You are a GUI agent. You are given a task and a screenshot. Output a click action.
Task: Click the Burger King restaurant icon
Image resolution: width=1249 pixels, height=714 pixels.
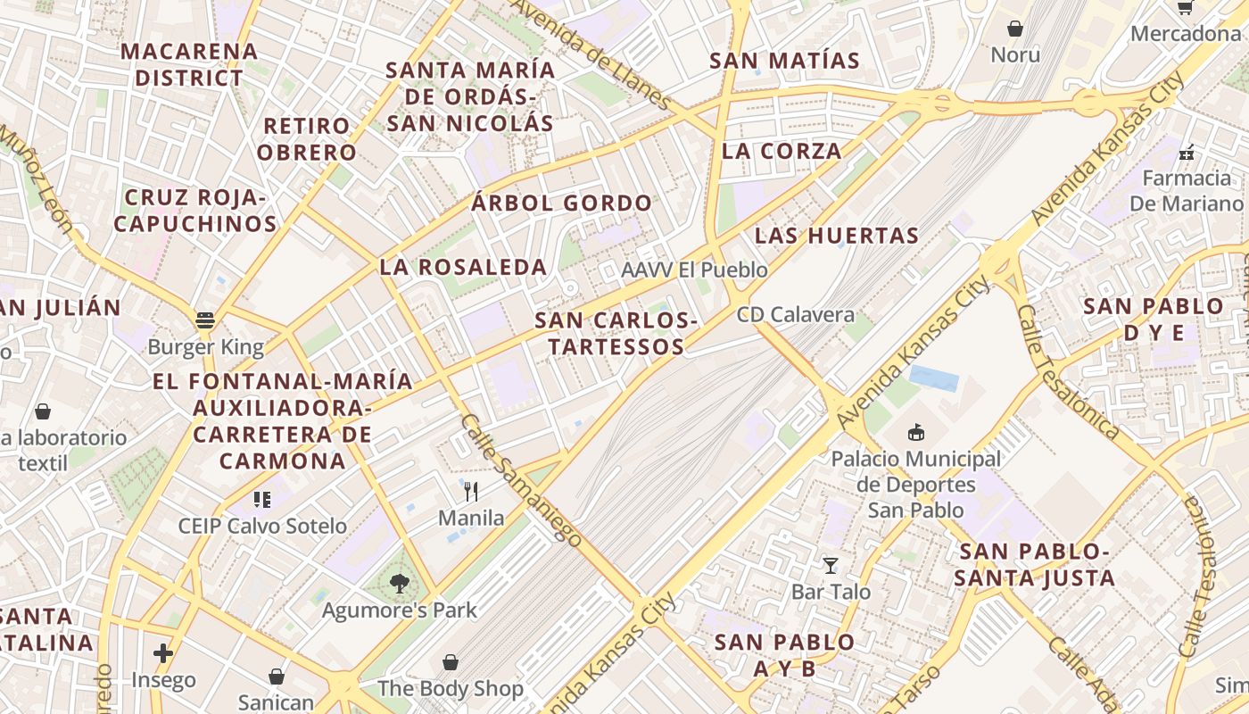(205, 320)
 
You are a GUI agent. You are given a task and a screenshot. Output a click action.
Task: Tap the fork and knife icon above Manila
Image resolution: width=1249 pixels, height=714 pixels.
(471, 491)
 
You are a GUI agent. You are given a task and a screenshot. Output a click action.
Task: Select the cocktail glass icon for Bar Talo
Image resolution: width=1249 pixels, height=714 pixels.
(831, 565)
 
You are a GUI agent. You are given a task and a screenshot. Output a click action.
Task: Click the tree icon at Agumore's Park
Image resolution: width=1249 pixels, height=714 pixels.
(399, 584)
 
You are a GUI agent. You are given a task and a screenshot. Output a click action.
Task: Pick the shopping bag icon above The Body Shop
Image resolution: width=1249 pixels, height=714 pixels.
(451, 662)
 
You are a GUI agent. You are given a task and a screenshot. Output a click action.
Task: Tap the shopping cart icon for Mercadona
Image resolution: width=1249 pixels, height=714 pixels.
(1186, 7)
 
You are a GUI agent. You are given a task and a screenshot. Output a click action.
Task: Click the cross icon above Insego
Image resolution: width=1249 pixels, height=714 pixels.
(162, 653)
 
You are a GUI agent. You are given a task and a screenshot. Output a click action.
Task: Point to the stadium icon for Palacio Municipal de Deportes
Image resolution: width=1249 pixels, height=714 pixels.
(915, 433)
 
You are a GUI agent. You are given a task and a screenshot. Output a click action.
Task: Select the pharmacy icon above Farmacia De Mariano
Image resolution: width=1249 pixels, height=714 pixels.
(1187, 153)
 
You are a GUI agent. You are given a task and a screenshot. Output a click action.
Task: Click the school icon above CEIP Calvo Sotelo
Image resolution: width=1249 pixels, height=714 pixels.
(261, 499)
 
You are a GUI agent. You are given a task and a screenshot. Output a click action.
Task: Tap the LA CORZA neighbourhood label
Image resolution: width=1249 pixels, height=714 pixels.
(782, 151)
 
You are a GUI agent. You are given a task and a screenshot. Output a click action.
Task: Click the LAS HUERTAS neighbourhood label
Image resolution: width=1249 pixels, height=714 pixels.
(836, 236)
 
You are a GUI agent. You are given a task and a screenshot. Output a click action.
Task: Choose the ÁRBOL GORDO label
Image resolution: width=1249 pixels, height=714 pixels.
(562, 203)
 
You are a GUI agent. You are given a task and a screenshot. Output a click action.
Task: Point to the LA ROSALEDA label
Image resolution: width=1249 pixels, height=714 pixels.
(463, 267)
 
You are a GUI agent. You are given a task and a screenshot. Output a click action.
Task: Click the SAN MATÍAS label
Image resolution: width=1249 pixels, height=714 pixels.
(784, 61)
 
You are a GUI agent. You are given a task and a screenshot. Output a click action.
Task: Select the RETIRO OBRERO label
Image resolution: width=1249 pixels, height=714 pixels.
(307, 138)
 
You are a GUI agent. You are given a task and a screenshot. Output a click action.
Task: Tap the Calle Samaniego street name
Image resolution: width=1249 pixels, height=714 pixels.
(521, 479)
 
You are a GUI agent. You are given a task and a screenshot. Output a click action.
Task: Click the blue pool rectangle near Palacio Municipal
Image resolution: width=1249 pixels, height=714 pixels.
(934, 378)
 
